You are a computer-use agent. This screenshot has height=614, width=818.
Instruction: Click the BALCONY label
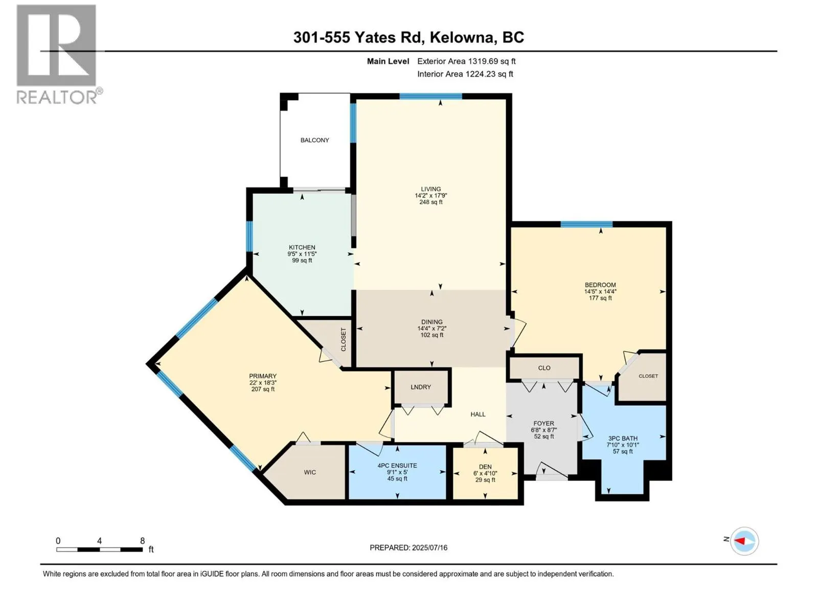314,140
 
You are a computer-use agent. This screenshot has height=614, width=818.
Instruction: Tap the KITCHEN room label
302,247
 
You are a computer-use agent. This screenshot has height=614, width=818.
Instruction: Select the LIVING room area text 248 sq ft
431,202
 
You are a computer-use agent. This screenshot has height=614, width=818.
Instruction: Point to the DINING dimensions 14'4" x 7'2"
431,328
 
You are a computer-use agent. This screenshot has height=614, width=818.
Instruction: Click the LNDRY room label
421,387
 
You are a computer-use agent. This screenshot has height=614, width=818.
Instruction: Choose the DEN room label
485,467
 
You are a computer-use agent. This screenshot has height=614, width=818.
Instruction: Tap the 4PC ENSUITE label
397,466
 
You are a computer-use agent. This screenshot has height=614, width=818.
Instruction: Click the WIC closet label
310,472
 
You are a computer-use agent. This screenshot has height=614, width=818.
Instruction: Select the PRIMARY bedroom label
263,376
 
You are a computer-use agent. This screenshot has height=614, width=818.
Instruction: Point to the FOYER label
543,423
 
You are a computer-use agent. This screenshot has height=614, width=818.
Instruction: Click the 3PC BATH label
623,438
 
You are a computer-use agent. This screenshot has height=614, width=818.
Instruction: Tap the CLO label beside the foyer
544,368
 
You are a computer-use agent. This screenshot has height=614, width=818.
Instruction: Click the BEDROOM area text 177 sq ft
600,298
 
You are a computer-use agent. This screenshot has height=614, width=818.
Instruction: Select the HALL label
478,414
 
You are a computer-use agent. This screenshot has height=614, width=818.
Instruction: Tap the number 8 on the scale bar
143,541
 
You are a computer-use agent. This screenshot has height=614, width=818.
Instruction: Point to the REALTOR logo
57,54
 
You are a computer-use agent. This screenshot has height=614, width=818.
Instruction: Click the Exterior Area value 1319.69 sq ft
491,61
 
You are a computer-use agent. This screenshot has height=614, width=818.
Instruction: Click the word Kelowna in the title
462,37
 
